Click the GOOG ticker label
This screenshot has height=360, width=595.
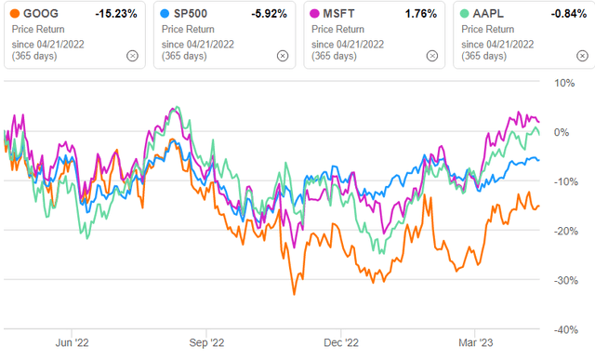pyautogui.click(x=38, y=14)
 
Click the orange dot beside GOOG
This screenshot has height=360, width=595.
pyautogui.click(x=13, y=14)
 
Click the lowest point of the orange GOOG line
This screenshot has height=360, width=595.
pyautogui.click(x=295, y=295)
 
